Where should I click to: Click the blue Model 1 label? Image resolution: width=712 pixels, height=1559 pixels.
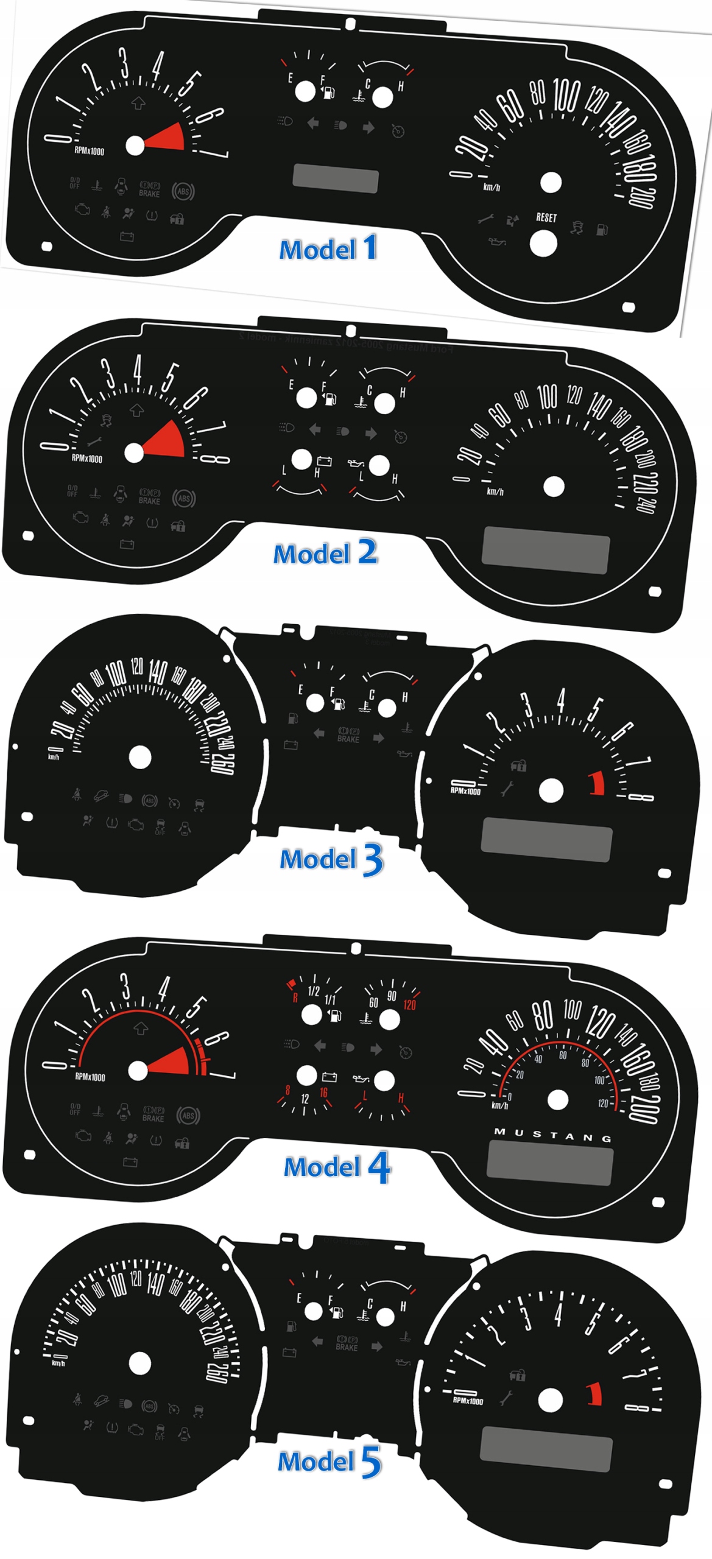click(328, 248)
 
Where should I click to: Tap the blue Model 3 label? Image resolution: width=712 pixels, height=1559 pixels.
click(331, 859)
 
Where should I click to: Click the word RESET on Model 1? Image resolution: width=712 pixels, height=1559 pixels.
click(546, 217)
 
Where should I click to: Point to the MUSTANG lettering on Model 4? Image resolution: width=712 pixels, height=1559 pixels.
click(552, 1134)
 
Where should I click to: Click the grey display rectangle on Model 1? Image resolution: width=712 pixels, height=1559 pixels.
click(336, 178)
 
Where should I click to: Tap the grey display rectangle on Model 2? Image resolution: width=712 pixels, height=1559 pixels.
click(545, 549)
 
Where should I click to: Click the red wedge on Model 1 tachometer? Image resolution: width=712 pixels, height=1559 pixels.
click(167, 138)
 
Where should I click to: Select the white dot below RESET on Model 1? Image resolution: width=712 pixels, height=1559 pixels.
click(543, 244)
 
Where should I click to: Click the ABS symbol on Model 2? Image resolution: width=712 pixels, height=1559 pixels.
click(184, 498)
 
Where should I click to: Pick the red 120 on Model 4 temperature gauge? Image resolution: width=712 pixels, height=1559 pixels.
click(409, 1005)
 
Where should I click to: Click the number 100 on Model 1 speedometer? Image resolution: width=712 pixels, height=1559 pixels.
click(566, 96)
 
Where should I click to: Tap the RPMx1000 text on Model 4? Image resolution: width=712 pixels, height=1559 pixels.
click(90, 1077)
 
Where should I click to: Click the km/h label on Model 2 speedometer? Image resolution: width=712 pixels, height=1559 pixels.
click(495, 491)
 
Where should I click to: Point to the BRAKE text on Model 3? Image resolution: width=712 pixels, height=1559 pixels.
click(348, 739)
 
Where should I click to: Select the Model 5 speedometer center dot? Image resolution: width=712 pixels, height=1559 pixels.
click(140, 1364)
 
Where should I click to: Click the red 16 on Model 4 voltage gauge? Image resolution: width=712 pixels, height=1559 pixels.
click(323, 1093)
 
